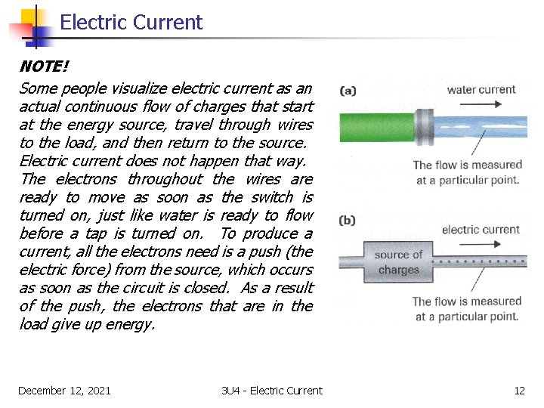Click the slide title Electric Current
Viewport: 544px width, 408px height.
[131, 23]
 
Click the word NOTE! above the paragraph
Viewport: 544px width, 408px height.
[44, 67]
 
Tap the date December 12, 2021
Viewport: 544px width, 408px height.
[64, 391]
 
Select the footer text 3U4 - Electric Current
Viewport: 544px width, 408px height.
[272, 391]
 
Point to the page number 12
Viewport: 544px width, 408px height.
[519, 391]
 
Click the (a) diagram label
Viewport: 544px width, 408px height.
[348, 91]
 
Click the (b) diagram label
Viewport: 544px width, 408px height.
[348, 221]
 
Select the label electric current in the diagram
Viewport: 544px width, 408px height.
[481, 230]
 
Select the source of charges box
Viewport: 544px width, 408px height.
[398, 262]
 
